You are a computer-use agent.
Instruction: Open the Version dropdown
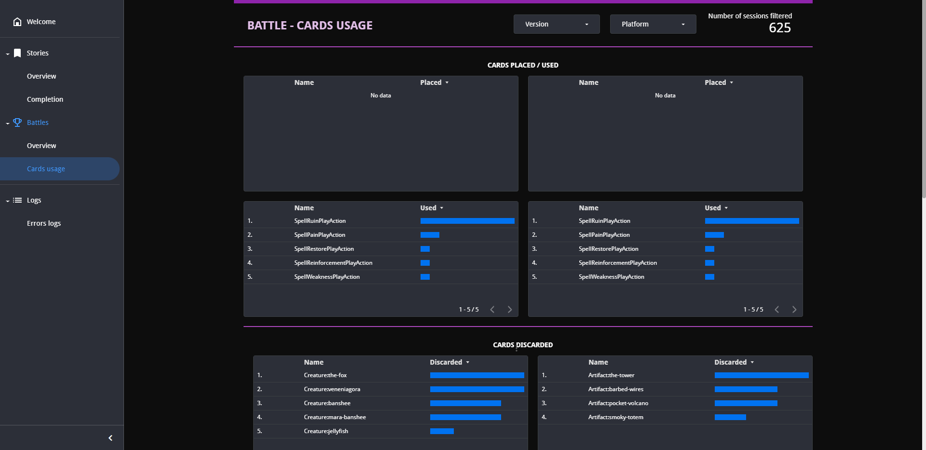[x=557, y=24]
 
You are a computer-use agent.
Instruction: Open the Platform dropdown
[x=653, y=24]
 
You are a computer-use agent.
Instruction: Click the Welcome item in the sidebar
[x=41, y=22]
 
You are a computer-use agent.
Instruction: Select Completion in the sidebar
[x=45, y=99]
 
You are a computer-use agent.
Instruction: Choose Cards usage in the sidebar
[x=46, y=169]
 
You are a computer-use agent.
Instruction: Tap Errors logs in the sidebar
[x=44, y=223]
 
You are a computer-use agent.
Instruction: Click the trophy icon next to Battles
[x=17, y=123]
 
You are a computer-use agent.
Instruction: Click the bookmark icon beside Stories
[x=17, y=53]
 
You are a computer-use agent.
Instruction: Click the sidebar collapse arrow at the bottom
[x=110, y=438]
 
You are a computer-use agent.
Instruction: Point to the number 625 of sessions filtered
[x=780, y=28]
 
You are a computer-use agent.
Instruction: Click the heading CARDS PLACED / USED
[x=523, y=65]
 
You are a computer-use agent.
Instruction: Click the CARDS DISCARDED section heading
[x=523, y=345]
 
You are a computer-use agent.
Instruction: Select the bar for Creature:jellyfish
[x=442, y=431]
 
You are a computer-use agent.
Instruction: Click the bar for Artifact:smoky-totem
[x=730, y=417]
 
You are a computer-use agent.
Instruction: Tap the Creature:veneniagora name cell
[x=332, y=389]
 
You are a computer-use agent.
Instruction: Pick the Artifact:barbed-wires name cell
[x=616, y=389]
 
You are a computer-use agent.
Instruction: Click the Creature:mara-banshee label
[x=335, y=417]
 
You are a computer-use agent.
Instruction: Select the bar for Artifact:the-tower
[x=762, y=375]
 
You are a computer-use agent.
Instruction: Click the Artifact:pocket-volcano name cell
[x=618, y=403]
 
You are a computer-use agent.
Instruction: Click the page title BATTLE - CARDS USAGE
[x=310, y=26]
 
